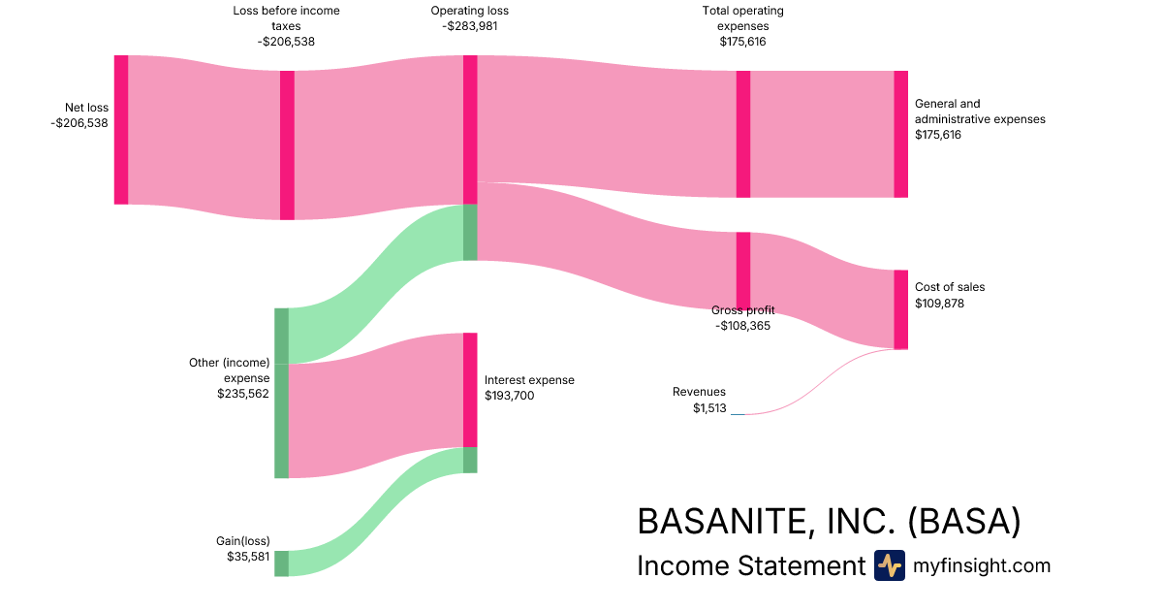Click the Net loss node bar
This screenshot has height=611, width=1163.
pos(121,130)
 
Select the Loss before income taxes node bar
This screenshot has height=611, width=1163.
pos(287,145)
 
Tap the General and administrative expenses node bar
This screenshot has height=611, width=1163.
pos(900,134)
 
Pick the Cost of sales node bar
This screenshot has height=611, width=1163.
pos(900,309)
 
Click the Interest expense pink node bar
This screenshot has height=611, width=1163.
pos(470,390)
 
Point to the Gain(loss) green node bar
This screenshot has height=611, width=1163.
pos(281,563)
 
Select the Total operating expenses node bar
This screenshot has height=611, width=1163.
pos(743,134)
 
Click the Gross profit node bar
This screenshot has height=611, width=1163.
pos(743,270)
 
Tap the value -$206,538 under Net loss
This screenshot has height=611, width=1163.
pos(79,123)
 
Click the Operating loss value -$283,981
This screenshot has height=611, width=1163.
pos(469,26)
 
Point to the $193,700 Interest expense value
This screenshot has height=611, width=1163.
pos(510,396)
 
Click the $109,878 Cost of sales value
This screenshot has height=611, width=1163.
pos(939,304)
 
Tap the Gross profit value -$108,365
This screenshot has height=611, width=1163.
pos(743,327)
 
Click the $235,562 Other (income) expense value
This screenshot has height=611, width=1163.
pos(243,394)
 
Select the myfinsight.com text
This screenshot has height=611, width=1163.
pos(981,565)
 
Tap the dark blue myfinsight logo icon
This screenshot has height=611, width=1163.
pos(889,565)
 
